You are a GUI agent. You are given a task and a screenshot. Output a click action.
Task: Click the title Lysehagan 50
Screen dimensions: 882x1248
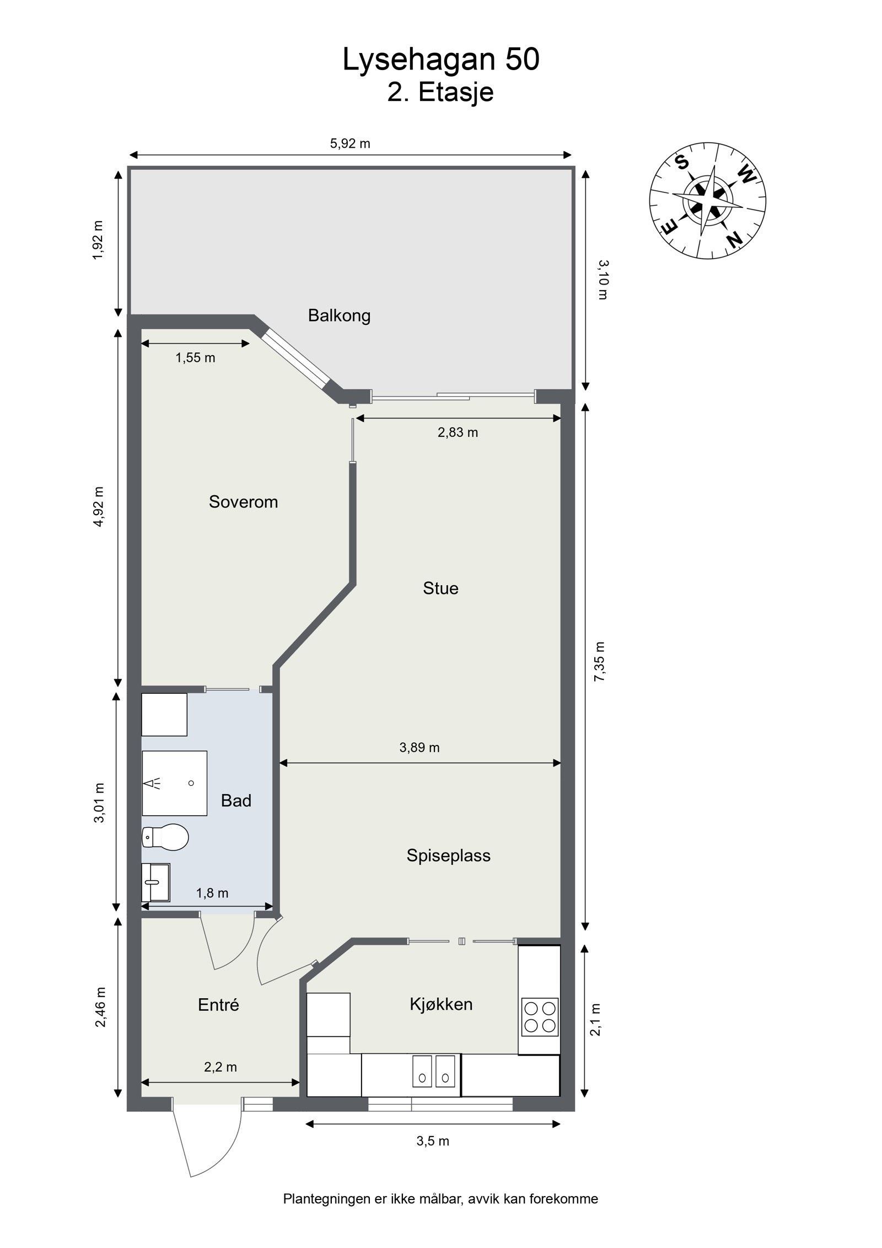coord(440,60)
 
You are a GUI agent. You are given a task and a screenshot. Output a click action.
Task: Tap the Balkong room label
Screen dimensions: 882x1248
coord(339,316)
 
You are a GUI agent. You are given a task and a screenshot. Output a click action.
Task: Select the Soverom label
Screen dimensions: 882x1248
coord(243,502)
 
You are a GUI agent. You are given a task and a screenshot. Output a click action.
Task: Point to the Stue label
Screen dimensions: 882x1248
coord(440,588)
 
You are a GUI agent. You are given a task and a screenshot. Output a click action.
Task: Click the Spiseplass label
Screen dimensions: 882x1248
coord(448,855)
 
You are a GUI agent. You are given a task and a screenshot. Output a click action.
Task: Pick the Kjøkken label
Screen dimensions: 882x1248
coord(441,1004)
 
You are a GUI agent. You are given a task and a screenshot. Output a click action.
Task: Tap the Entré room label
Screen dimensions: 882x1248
coord(218,1005)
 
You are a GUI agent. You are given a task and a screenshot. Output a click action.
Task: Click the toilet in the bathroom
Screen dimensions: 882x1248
coord(165,837)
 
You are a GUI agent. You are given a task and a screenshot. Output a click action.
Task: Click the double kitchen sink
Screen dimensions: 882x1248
coord(435,1071)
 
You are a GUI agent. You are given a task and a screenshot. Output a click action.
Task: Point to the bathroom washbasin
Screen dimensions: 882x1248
coord(156,882)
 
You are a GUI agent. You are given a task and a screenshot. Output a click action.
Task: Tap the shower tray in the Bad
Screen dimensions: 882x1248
coord(174,783)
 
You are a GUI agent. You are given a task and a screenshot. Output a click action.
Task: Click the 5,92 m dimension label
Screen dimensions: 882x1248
coord(350,144)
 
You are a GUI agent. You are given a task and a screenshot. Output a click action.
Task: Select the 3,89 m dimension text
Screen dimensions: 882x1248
coord(420,748)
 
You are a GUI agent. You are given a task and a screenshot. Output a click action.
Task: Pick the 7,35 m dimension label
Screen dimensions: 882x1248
coord(599,662)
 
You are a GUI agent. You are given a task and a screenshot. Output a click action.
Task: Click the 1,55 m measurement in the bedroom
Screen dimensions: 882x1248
coord(195,358)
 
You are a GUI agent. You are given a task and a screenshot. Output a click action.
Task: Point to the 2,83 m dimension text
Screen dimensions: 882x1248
coord(458,432)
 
